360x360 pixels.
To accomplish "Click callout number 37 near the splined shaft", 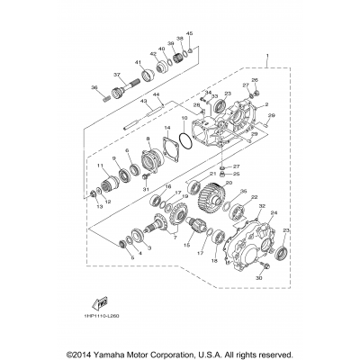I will click(117, 75).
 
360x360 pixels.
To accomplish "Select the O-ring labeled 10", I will click(184, 140).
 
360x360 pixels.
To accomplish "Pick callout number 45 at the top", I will click(189, 33).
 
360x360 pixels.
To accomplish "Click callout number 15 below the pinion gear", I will click(186, 244).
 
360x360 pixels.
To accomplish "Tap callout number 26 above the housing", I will click(255, 80).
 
